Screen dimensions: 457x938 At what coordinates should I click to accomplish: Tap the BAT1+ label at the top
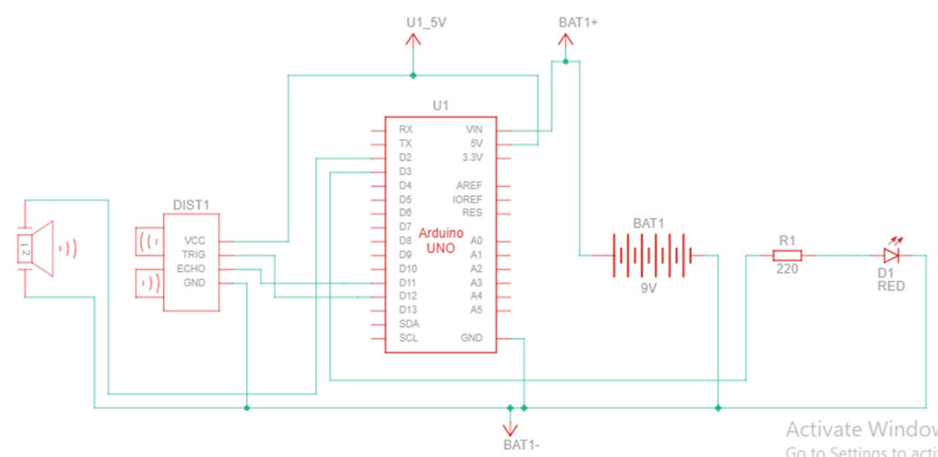(x=578, y=20)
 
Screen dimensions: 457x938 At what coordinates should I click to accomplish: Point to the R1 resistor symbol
(x=787, y=256)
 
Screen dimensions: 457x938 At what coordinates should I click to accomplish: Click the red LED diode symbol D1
(x=891, y=256)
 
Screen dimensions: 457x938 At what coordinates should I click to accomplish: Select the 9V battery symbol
(x=649, y=256)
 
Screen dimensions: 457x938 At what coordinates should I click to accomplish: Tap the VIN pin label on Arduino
(x=474, y=130)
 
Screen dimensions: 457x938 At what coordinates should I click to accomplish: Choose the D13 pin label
(x=409, y=310)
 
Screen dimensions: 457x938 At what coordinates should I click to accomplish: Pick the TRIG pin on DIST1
(x=193, y=255)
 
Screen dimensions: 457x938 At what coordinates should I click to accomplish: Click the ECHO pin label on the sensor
(x=192, y=268)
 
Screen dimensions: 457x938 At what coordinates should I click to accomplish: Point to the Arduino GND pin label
(x=472, y=338)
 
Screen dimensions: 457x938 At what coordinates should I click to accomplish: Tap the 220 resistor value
(x=787, y=270)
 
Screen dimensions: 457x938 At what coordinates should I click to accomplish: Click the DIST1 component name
(x=191, y=205)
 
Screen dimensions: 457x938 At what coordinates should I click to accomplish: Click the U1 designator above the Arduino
(x=441, y=105)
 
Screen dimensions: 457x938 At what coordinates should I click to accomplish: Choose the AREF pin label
(x=469, y=185)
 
